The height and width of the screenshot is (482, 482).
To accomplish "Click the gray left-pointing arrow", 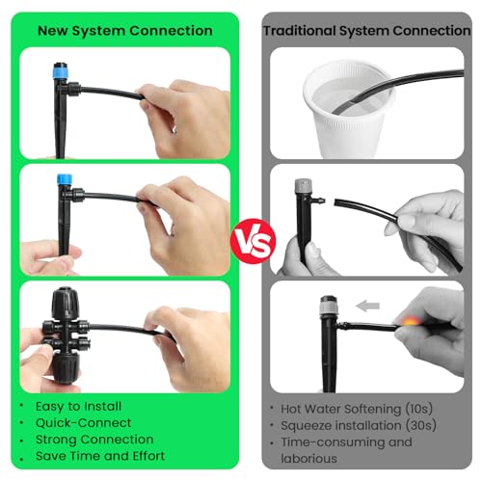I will point(367,306).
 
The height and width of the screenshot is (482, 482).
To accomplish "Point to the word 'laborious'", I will point(311,459).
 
